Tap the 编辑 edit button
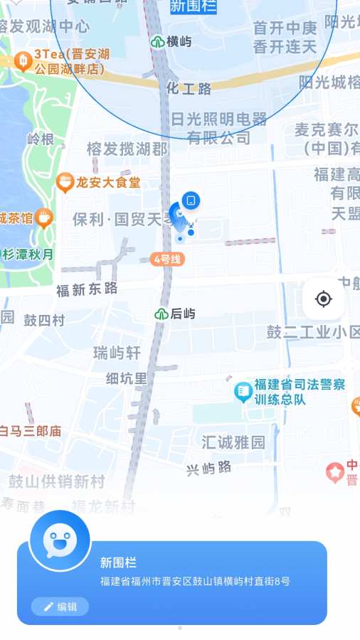click(60, 607)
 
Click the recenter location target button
click(324, 299)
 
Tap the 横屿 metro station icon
click(158, 42)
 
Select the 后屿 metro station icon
click(162, 314)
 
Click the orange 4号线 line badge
click(167, 260)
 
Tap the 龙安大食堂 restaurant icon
click(65, 183)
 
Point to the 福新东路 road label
click(87, 289)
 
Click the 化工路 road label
click(189, 89)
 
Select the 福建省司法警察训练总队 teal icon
click(243, 390)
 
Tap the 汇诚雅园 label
click(233, 442)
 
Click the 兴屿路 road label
click(209, 468)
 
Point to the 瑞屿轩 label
click(117, 353)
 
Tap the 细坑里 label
click(127, 378)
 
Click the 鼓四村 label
click(44, 320)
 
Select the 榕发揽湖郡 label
click(127, 149)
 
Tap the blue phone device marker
click(191, 201)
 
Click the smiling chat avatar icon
click(60, 541)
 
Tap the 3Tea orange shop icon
click(23, 62)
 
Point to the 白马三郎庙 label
click(30, 431)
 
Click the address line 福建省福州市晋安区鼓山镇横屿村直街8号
click(195, 582)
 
